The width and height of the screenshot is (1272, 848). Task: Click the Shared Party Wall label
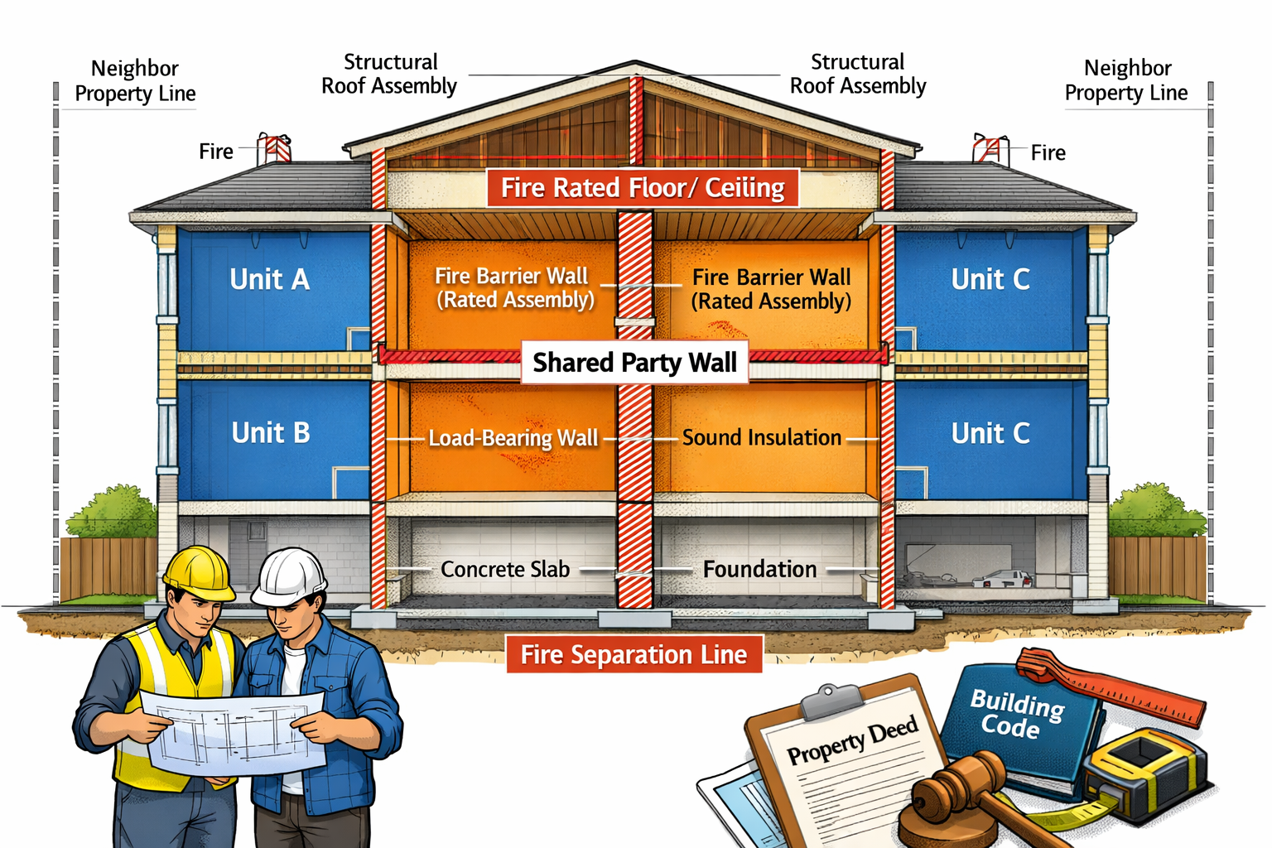coord(634,363)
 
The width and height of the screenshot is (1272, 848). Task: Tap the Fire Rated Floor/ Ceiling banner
coord(643,188)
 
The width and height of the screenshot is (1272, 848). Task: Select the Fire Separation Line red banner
coord(634,654)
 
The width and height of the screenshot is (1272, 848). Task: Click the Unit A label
coord(270,279)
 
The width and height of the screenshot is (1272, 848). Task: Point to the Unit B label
coord(271,432)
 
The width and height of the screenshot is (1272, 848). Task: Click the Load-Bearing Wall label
coord(513,438)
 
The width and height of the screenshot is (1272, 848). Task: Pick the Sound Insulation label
coord(761,437)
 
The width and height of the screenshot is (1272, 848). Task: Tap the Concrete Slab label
coord(504,570)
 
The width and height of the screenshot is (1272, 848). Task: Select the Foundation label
coord(759,570)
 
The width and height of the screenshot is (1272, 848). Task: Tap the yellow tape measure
coord(1143,770)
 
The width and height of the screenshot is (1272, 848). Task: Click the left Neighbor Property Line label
coord(135,80)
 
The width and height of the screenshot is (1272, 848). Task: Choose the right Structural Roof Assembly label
coord(858,74)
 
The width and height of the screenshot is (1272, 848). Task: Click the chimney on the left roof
coord(274,149)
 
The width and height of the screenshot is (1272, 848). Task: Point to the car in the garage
coord(1003,578)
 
